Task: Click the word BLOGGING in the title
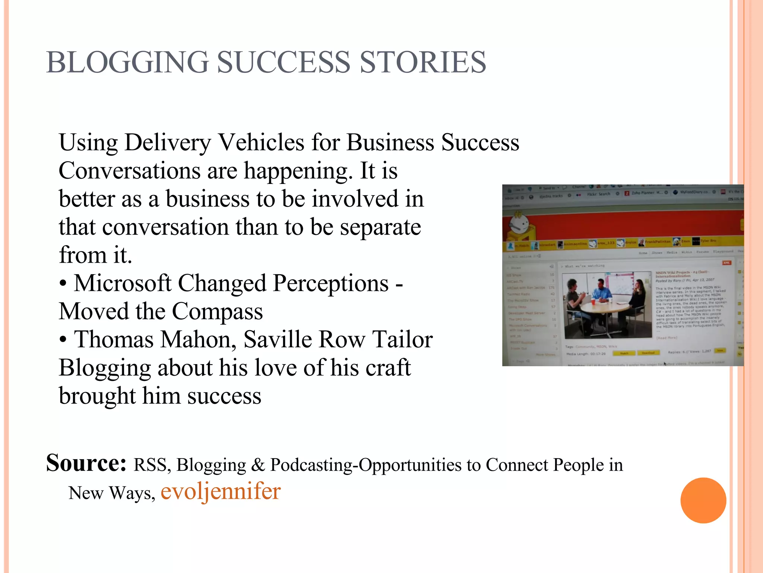click(x=127, y=62)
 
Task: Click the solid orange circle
click(x=703, y=500)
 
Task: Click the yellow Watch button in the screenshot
click(x=624, y=353)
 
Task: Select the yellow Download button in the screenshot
click(x=648, y=353)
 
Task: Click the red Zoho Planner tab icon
click(x=627, y=193)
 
